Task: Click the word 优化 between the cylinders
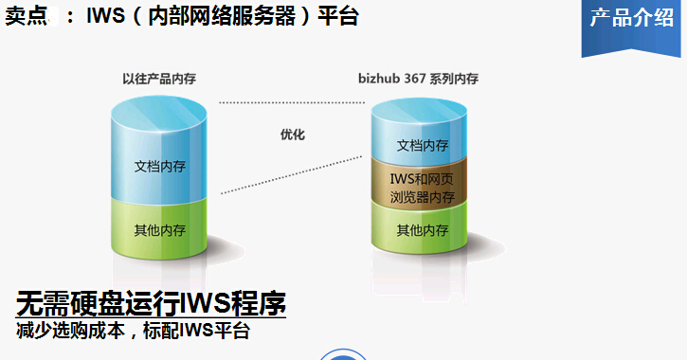coord(293,135)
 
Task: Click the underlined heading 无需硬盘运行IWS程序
coord(151,304)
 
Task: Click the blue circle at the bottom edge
coord(343,355)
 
